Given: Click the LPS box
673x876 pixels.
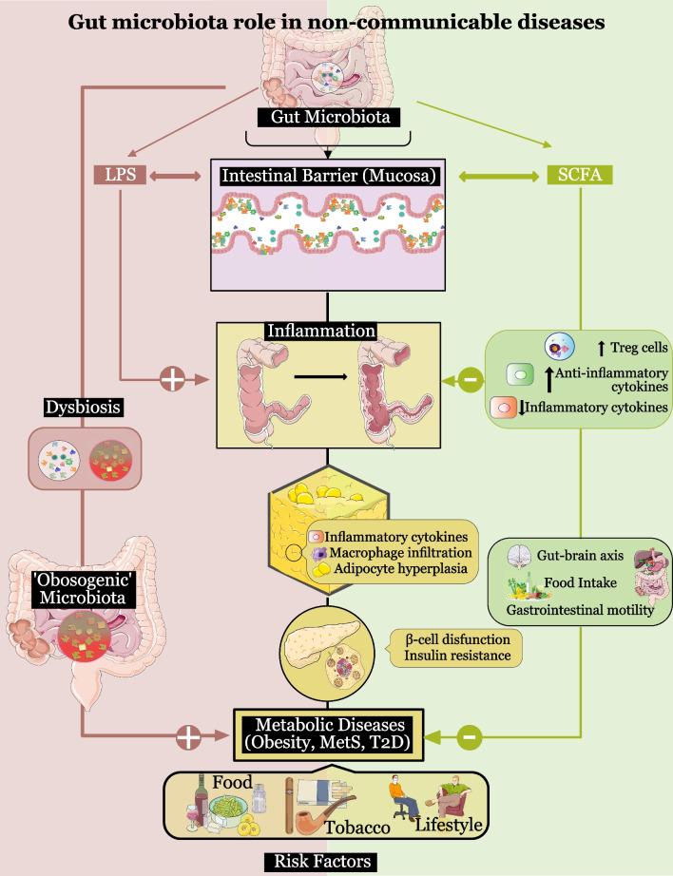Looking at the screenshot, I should [x=119, y=175].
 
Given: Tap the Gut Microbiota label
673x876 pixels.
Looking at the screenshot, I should [x=328, y=118].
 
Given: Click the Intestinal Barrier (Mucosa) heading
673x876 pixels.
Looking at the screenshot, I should [x=328, y=176].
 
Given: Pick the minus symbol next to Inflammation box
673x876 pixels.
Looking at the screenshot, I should [x=469, y=381].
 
